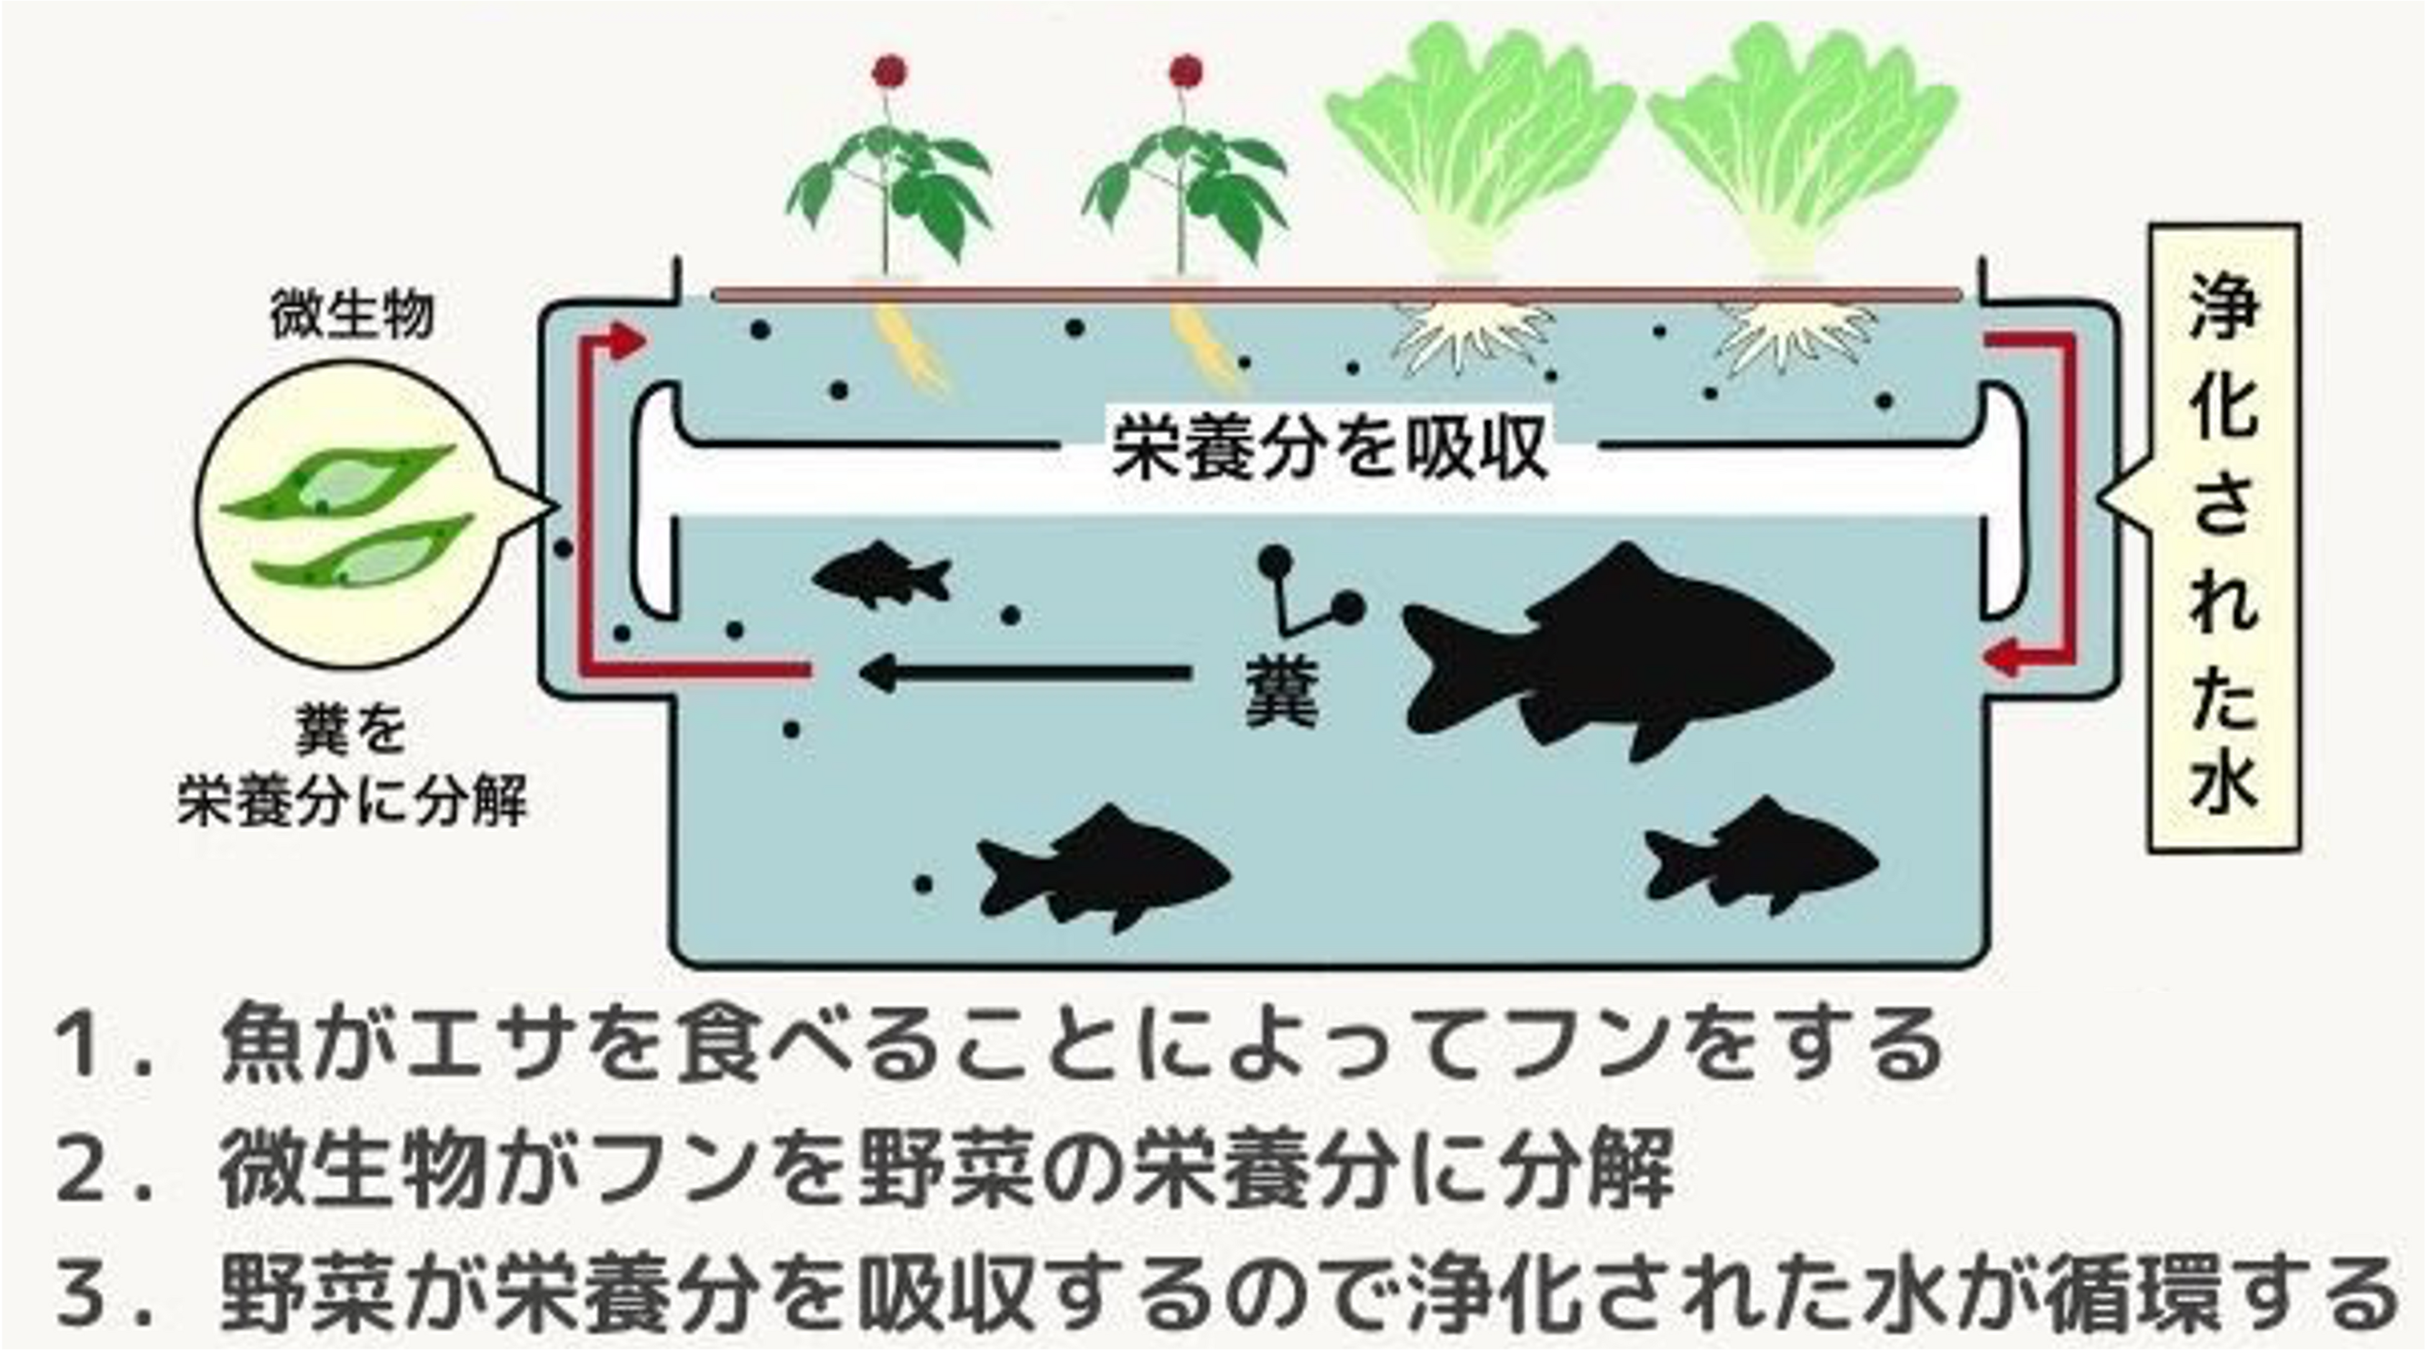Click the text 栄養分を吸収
point(1330,449)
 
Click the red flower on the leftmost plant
point(888,71)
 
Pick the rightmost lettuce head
point(1803,141)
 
